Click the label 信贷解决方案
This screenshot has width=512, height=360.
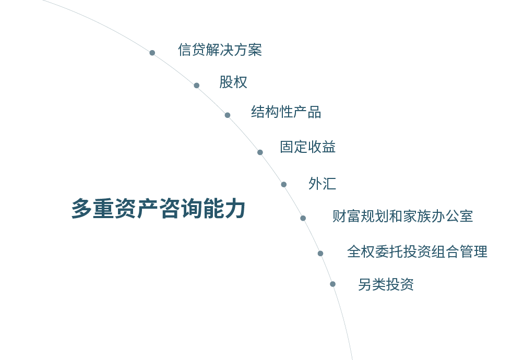tap(220, 50)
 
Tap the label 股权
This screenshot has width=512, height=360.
tap(233, 82)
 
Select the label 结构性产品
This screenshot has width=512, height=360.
tap(286, 112)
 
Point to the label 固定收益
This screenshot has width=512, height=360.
tap(308, 147)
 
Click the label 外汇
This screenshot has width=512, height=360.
tap(322, 184)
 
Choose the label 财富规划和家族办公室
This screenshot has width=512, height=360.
tap(402, 216)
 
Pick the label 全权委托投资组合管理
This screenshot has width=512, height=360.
tap(417, 252)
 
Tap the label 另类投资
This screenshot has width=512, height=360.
tap(386, 285)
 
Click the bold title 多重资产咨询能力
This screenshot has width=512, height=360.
tap(158, 209)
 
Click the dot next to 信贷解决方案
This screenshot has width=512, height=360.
tap(152, 53)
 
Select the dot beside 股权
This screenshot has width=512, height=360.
tap(196, 85)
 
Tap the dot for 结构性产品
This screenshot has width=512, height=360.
tap(228, 115)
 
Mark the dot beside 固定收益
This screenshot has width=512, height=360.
tap(260, 152)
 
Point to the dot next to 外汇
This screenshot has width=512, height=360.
tap(283, 184)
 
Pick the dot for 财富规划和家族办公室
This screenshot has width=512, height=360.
tap(303, 218)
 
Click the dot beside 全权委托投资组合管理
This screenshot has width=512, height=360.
tap(320, 254)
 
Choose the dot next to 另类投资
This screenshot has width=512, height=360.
tap(332, 284)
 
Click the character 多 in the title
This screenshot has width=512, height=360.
tap(81, 209)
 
